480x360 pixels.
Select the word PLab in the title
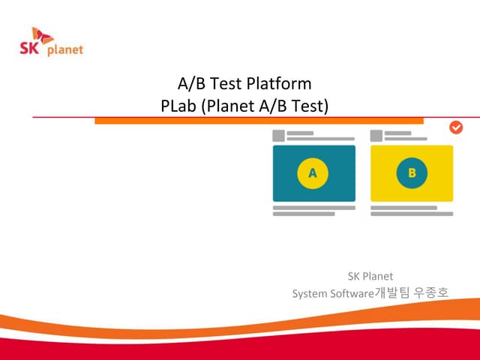(178, 106)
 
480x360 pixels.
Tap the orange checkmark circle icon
(456, 127)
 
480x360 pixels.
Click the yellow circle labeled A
(313, 173)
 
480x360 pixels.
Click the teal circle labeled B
(412, 173)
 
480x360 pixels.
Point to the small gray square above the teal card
(278, 136)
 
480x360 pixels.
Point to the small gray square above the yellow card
(376, 136)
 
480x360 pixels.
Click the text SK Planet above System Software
(370, 276)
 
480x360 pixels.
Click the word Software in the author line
(351, 293)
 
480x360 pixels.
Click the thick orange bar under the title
(259, 121)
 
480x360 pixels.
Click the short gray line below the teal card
(304, 214)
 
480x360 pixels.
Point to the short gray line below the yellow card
(402, 214)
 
